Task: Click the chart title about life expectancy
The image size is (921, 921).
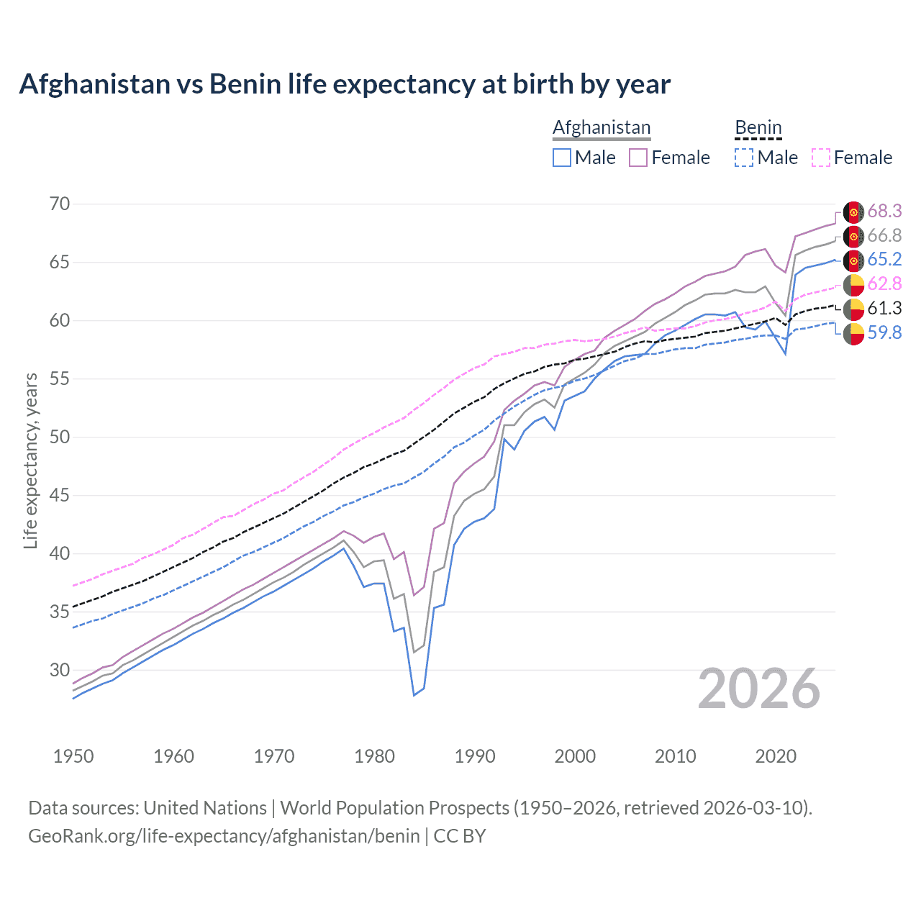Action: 345,84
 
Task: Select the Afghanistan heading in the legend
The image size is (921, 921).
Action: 602,127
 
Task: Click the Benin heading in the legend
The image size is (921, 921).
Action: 758,127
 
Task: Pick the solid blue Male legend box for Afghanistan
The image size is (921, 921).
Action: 562,158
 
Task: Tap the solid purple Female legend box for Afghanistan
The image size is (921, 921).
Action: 638,158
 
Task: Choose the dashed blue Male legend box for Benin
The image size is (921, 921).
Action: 744,158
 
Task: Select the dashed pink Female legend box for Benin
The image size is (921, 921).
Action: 821,158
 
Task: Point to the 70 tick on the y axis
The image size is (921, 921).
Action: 60,204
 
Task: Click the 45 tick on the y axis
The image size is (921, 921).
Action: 60,495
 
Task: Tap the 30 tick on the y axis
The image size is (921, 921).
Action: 60,670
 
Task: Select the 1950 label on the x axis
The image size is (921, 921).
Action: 73,756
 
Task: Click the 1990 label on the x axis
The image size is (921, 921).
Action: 475,756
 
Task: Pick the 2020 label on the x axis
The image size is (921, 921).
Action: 776,756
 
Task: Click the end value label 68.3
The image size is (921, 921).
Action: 884,211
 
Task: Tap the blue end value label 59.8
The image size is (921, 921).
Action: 884,332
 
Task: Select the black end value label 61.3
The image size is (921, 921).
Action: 884,308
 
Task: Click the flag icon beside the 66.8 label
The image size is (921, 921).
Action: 853,236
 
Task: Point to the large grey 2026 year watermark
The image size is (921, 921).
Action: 759,689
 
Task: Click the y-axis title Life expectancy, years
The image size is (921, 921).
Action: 31,460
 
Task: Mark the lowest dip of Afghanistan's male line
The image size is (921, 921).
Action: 414,695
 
